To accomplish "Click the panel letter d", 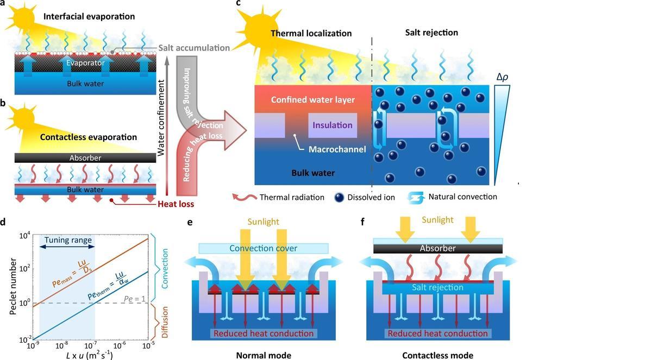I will pyautogui.click(x=4, y=222).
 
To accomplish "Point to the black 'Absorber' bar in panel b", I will pyautogui.click(x=85, y=158).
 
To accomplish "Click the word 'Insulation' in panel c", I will pyautogui.click(x=332, y=125).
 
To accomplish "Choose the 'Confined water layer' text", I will pyautogui.click(x=312, y=100).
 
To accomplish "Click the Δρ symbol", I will pyautogui.click(x=503, y=78).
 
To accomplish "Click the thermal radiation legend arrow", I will pyautogui.click(x=243, y=197).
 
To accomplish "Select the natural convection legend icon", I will pyautogui.click(x=418, y=197).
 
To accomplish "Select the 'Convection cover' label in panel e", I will pyautogui.click(x=264, y=248).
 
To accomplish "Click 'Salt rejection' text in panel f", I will pyautogui.click(x=437, y=287).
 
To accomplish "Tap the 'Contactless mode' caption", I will pyautogui.click(x=437, y=356).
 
